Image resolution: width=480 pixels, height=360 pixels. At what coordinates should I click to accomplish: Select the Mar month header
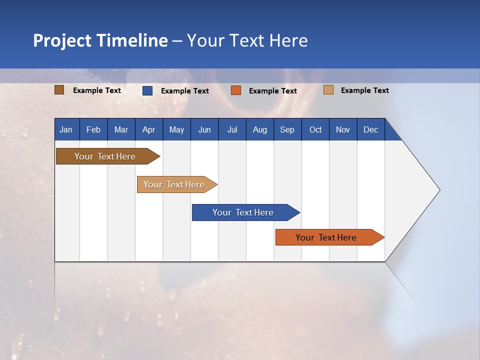121,129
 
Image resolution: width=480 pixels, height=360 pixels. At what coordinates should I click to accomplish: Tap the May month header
176,129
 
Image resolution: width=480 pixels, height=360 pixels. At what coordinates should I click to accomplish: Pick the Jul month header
232,129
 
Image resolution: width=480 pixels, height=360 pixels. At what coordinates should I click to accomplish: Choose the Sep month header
287,129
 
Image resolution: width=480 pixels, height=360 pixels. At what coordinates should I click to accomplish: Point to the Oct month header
315,129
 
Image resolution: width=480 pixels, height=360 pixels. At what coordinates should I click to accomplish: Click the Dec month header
370,129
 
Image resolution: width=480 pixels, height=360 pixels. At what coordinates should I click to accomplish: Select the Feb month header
93,129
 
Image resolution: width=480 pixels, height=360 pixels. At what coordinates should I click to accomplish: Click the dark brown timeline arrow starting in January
108,156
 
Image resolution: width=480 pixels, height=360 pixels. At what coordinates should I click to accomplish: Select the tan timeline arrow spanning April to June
177,184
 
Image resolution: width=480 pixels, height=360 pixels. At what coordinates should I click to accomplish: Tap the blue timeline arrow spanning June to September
246,212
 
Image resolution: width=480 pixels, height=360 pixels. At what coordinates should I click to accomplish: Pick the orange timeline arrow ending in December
330,237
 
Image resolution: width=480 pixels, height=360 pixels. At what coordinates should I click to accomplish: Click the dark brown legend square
59,90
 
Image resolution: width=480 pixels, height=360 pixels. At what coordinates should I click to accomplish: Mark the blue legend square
147,90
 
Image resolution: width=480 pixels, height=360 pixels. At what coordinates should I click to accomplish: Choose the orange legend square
235,90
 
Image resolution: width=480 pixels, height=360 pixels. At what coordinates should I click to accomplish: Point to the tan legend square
328,90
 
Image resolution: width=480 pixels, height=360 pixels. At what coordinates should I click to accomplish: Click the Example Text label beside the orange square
273,91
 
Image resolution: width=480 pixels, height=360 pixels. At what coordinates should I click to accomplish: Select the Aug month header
260,129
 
